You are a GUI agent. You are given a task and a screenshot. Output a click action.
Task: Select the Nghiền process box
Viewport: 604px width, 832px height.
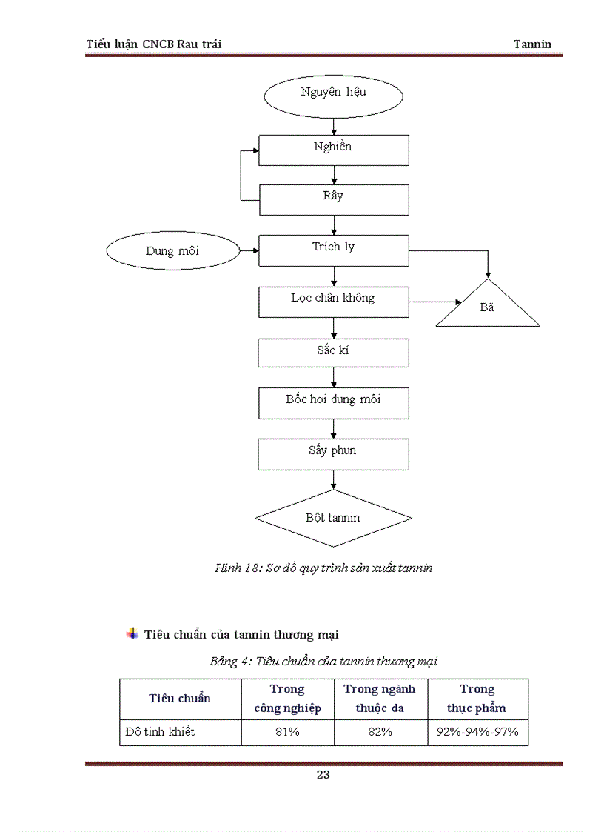pyautogui.click(x=333, y=150)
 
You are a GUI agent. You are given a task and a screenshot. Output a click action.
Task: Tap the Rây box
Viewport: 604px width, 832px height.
pyautogui.click(x=333, y=199)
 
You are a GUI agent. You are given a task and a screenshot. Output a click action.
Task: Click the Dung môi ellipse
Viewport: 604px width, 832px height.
pyautogui.click(x=173, y=251)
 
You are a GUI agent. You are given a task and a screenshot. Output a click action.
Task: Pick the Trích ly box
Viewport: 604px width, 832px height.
pyautogui.click(x=333, y=250)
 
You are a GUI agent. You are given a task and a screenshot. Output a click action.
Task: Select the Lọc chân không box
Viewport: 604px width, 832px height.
pyautogui.click(x=333, y=302)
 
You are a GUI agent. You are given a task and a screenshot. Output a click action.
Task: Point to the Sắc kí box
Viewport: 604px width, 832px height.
pyautogui.click(x=333, y=353)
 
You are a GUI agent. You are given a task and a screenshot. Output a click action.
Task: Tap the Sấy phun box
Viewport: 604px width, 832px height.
pyautogui.click(x=333, y=453)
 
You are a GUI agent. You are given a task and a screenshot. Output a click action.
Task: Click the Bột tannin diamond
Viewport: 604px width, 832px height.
pyautogui.click(x=333, y=518)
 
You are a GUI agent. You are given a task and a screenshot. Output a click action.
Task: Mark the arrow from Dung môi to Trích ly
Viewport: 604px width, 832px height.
pyautogui.click(x=249, y=251)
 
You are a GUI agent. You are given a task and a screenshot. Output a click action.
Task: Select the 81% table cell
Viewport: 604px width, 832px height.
pyautogui.click(x=288, y=732)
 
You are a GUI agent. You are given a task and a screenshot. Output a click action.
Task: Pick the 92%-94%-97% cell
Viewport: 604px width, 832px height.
pyautogui.click(x=477, y=732)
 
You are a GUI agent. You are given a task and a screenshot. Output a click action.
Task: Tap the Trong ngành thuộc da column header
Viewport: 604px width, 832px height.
pyautogui.click(x=380, y=699)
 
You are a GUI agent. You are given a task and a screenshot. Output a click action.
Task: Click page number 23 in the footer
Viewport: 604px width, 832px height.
pyautogui.click(x=323, y=775)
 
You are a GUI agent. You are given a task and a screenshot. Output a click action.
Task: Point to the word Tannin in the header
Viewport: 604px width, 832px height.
pyautogui.click(x=532, y=44)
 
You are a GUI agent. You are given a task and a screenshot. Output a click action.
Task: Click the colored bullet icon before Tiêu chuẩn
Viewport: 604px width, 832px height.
pyautogui.click(x=132, y=633)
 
